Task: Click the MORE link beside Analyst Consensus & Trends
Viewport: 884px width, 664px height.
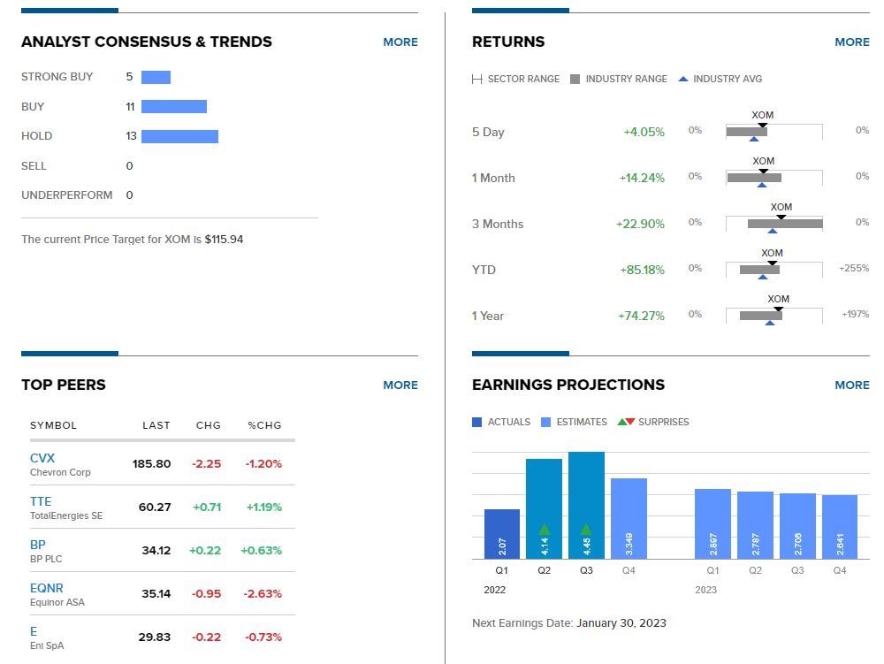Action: pos(400,42)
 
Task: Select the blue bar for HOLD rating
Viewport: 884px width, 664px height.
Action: pos(179,136)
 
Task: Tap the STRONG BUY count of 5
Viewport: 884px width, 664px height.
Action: pos(129,77)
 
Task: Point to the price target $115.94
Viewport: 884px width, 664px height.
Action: pos(224,240)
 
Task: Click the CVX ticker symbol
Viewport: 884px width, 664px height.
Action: pos(42,458)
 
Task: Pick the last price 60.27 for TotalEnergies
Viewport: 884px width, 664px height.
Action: pos(156,507)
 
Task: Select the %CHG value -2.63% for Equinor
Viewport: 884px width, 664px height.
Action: pos(262,593)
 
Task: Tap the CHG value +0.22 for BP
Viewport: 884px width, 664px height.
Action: pos(205,550)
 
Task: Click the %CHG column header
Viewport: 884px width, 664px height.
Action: pos(264,425)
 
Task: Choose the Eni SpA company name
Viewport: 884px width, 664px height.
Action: pos(47,645)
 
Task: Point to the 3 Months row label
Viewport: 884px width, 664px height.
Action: pos(498,224)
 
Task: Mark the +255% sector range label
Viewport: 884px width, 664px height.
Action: pos(854,268)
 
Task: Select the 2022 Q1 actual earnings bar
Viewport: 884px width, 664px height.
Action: pos(502,534)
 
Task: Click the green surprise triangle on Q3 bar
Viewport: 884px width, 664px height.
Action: pos(586,529)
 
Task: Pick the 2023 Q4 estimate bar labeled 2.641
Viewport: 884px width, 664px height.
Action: pos(840,527)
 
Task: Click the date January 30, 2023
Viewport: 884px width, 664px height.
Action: pos(621,623)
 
